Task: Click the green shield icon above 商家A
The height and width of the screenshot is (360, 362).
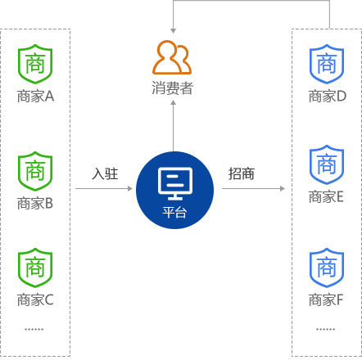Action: [35, 64]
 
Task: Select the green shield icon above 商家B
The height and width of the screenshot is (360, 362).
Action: [35, 171]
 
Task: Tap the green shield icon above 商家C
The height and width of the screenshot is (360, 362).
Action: [35, 268]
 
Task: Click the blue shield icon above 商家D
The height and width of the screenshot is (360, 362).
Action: [327, 64]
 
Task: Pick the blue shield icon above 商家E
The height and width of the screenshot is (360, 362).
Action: [327, 164]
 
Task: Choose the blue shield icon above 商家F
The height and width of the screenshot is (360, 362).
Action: [327, 268]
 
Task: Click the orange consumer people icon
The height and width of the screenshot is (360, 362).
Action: [172, 57]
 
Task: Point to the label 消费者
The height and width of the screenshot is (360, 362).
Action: [173, 88]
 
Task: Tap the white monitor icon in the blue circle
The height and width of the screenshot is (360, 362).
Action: [175, 183]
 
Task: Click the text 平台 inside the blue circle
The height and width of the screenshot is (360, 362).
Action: [174, 212]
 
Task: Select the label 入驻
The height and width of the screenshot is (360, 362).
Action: [105, 173]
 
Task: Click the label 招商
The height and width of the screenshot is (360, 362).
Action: [242, 173]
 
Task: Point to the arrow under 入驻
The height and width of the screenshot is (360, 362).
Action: [104, 188]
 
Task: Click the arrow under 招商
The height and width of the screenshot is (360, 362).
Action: [253, 188]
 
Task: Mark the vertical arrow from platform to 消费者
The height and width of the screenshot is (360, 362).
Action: [173, 126]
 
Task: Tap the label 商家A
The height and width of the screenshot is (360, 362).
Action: [35, 97]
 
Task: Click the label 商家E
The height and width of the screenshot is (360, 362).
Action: [326, 197]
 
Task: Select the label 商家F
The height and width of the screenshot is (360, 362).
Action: [326, 300]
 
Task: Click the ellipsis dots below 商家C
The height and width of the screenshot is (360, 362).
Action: [34, 330]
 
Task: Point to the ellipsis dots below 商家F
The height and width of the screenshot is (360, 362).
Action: [326, 330]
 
